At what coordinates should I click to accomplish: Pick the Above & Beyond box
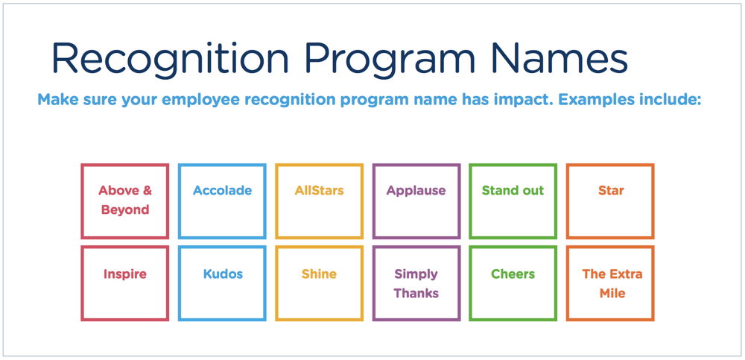(125, 200)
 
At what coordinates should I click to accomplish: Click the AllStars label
(319, 191)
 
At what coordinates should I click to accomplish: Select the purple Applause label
(416, 191)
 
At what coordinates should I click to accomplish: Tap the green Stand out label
(513, 191)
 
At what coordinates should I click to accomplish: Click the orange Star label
(610, 191)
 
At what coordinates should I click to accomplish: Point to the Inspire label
(125, 274)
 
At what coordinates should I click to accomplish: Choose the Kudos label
(223, 274)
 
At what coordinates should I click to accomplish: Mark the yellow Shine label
(319, 274)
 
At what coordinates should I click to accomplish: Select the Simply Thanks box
(416, 283)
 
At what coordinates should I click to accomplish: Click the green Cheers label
(513, 274)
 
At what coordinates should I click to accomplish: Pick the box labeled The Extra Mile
(610, 283)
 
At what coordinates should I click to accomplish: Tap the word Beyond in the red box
(125, 210)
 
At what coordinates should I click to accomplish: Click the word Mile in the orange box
(612, 294)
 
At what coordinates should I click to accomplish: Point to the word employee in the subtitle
(186, 100)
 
